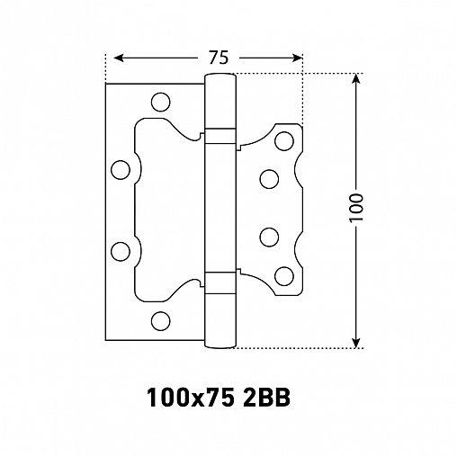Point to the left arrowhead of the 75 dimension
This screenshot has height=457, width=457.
112,58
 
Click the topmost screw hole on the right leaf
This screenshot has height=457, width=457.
285,140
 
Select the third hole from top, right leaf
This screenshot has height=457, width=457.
267,237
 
